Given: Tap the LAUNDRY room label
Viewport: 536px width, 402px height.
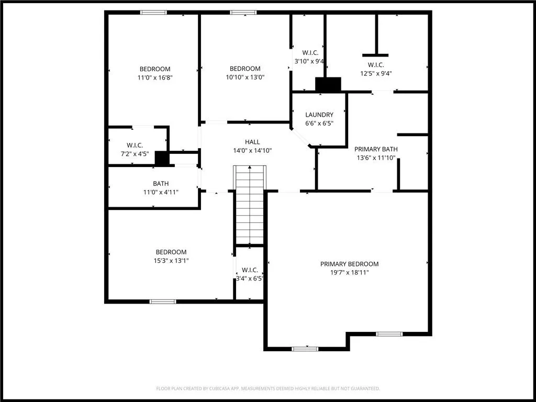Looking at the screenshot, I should point(319,115).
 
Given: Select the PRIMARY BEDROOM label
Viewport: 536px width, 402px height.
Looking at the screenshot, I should point(349,264).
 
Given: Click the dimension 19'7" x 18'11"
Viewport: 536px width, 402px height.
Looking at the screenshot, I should point(349,272).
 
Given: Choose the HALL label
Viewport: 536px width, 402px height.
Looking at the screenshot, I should point(252,142).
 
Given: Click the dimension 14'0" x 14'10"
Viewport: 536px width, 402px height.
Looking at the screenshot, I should point(252,150).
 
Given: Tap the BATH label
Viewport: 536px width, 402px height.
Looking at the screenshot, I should point(161,184).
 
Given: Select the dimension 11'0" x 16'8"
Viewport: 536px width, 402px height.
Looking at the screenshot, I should point(155,77).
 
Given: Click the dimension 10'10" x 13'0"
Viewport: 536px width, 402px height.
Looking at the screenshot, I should point(245,77).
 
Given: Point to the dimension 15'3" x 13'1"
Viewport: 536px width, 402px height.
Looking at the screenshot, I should point(171,260).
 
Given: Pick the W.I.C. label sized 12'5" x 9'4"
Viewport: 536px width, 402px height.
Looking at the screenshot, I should point(376,65).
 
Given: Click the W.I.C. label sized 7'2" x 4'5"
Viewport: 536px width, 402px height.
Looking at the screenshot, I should point(135,145).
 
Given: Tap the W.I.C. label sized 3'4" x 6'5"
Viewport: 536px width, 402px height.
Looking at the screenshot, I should point(250,270).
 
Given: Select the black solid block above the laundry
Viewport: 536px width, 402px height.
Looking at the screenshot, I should point(328,84).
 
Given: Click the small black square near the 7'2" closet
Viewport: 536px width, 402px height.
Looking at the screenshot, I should point(162,159).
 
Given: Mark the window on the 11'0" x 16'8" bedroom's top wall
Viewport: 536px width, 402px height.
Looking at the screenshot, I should point(153,12).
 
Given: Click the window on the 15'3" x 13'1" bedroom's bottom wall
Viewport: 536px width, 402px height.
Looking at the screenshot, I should point(163,301).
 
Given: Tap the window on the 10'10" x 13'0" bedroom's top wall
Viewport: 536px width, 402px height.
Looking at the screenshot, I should point(243,12).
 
